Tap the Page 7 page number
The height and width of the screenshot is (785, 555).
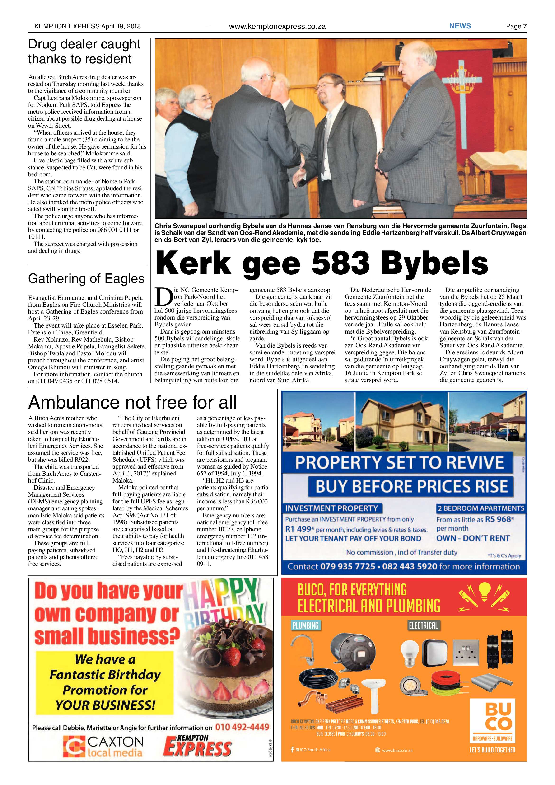point(516,26)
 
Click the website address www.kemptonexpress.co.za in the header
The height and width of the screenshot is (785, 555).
point(277,26)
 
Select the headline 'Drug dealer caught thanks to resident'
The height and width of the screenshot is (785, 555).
point(84,52)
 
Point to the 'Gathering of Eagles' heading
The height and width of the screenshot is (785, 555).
point(86,279)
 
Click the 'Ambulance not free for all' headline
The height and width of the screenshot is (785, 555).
point(132,402)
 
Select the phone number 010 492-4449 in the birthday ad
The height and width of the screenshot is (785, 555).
point(242,727)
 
